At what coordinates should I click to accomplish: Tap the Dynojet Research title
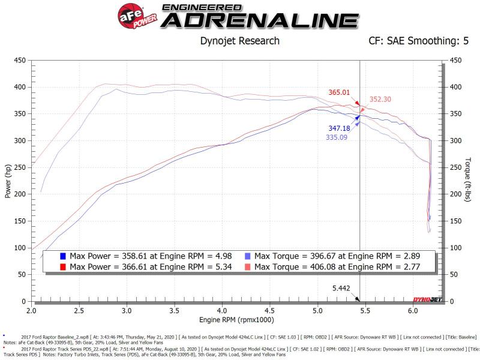click(239, 41)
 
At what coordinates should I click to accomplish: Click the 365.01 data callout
click(339, 92)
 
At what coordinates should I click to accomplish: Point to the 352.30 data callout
click(380, 100)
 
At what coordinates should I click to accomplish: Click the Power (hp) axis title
click(7, 181)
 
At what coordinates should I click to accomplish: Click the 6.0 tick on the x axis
click(412, 311)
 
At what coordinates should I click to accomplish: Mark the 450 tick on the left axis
click(20, 60)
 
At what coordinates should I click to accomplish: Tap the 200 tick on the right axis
click(456, 194)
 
